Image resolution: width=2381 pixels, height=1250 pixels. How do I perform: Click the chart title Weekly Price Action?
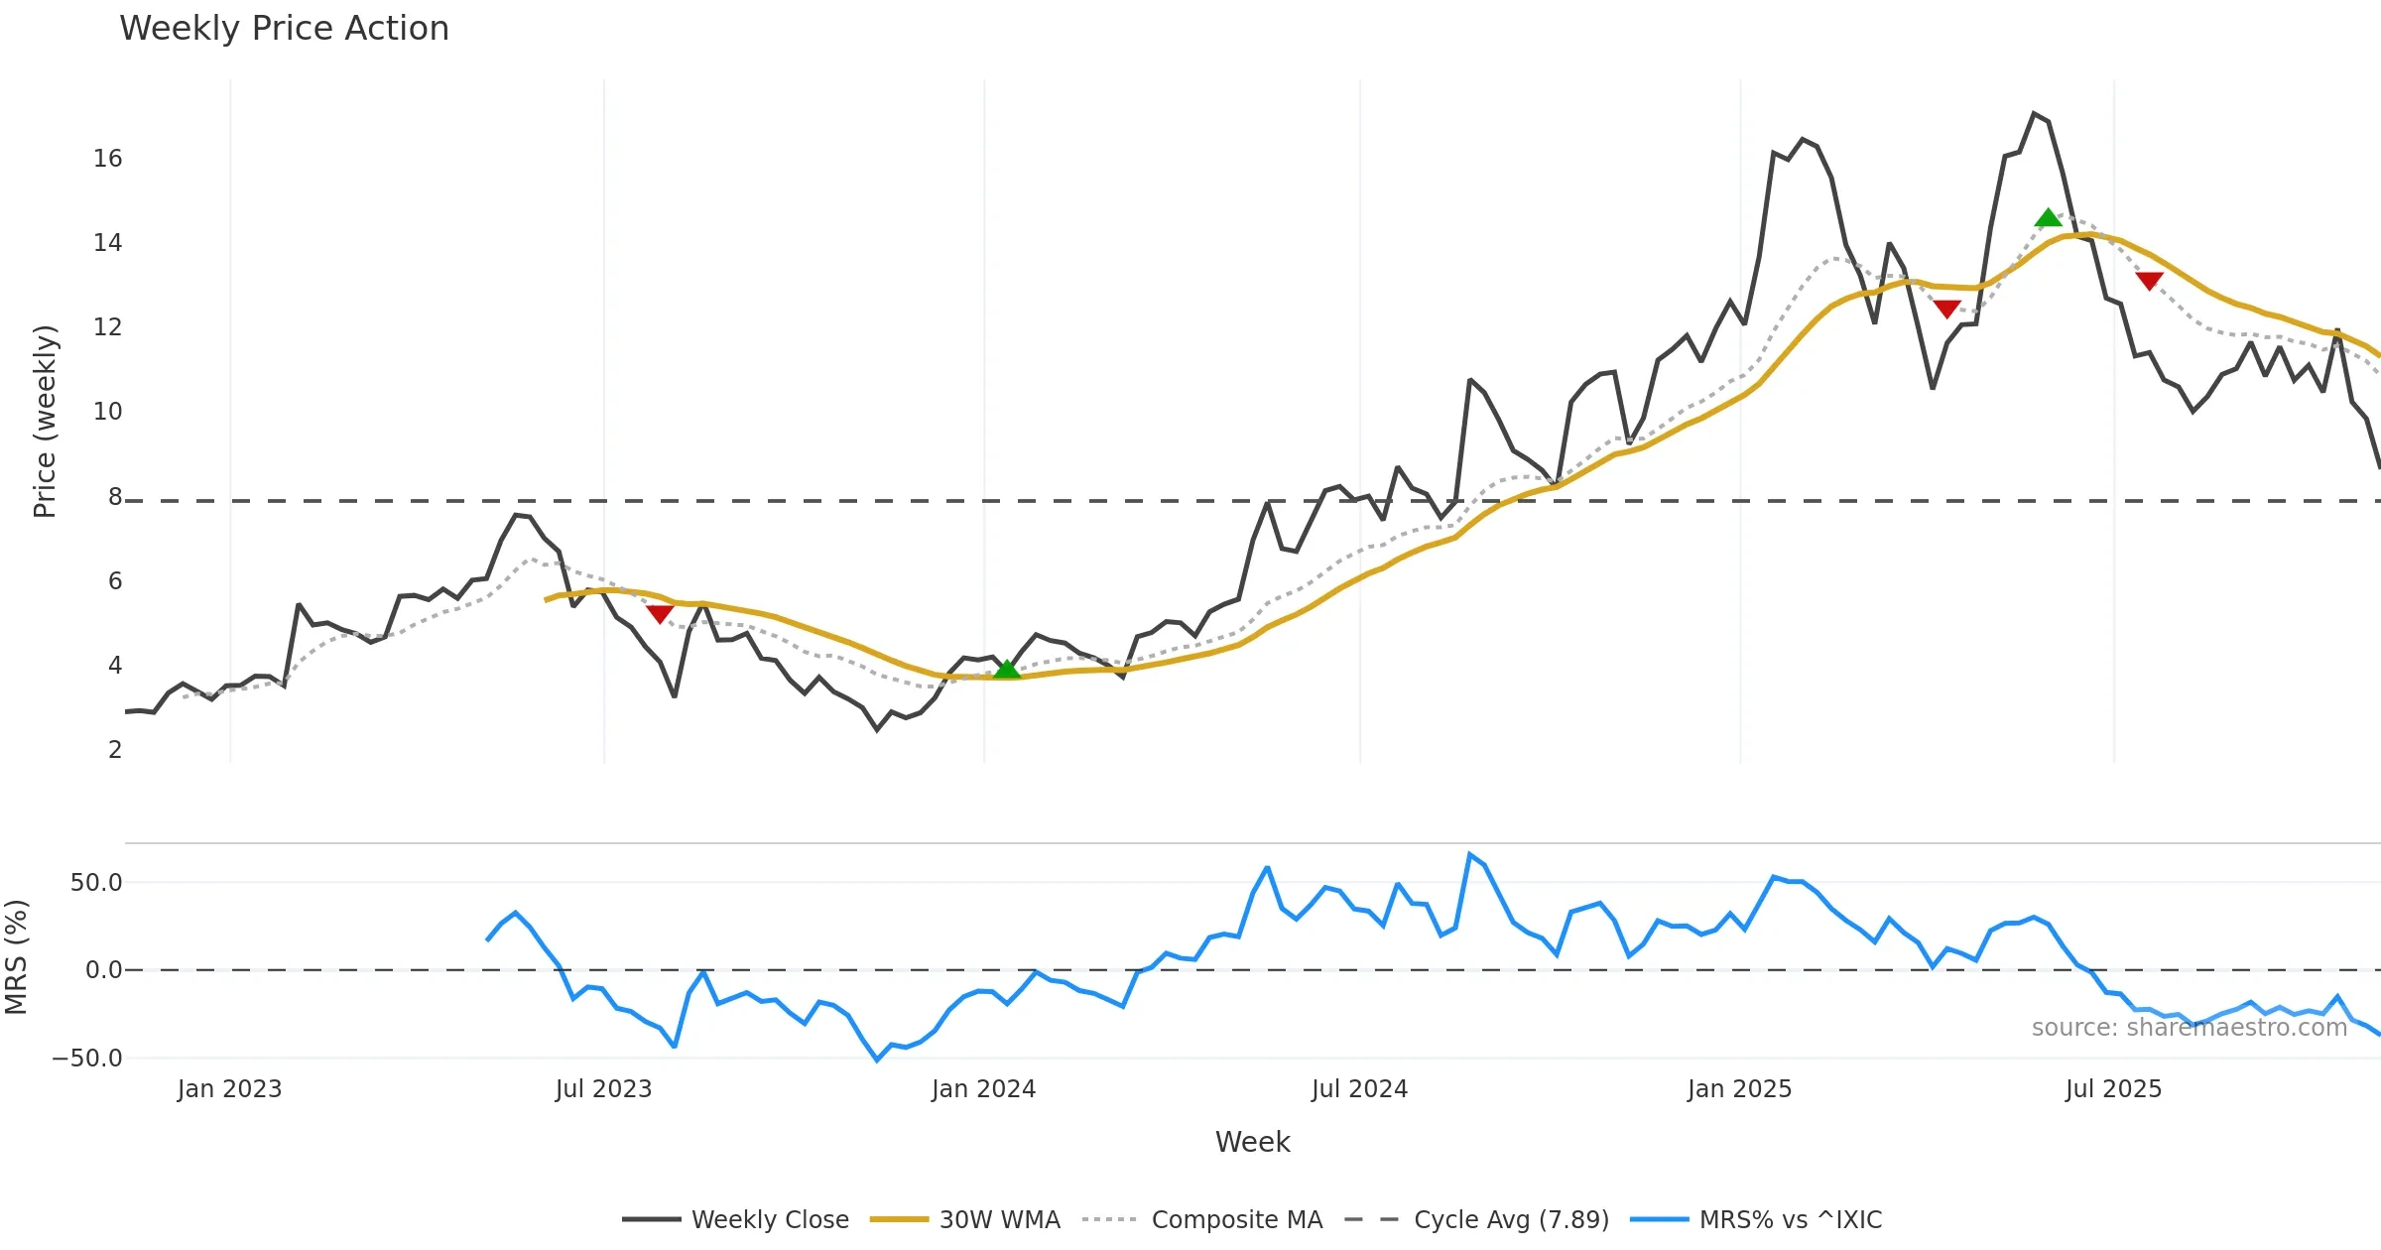[x=284, y=29]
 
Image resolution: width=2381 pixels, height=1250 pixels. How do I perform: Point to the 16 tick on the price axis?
[x=107, y=159]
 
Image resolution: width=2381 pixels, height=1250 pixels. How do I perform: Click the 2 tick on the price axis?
[x=115, y=750]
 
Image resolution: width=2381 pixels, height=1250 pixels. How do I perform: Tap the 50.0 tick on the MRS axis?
[x=96, y=883]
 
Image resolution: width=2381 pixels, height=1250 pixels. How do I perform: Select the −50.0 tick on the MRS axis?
[x=87, y=1059]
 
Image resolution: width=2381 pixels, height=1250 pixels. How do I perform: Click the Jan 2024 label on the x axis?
[x=983, y=1089]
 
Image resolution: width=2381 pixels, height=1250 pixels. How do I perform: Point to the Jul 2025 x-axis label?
[x=2113, y=1089]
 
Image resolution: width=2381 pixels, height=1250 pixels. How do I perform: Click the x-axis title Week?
[x=1252, y=1143]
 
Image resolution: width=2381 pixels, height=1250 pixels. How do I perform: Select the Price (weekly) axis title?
[x=45, y=422]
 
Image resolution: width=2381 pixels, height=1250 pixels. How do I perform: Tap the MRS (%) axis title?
[x=16, y=957]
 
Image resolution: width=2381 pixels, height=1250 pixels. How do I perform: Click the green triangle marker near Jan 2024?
[x=1007, y=669]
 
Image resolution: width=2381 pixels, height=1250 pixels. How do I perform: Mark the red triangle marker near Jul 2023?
[x=660, y=614]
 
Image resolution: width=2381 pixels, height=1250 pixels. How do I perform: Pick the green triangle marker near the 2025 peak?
[x=2048, y=217]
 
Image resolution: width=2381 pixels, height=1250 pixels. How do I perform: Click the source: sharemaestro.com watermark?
[x=2189, y=1028]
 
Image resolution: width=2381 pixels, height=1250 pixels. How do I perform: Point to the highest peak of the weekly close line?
[x=2034, y=114]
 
